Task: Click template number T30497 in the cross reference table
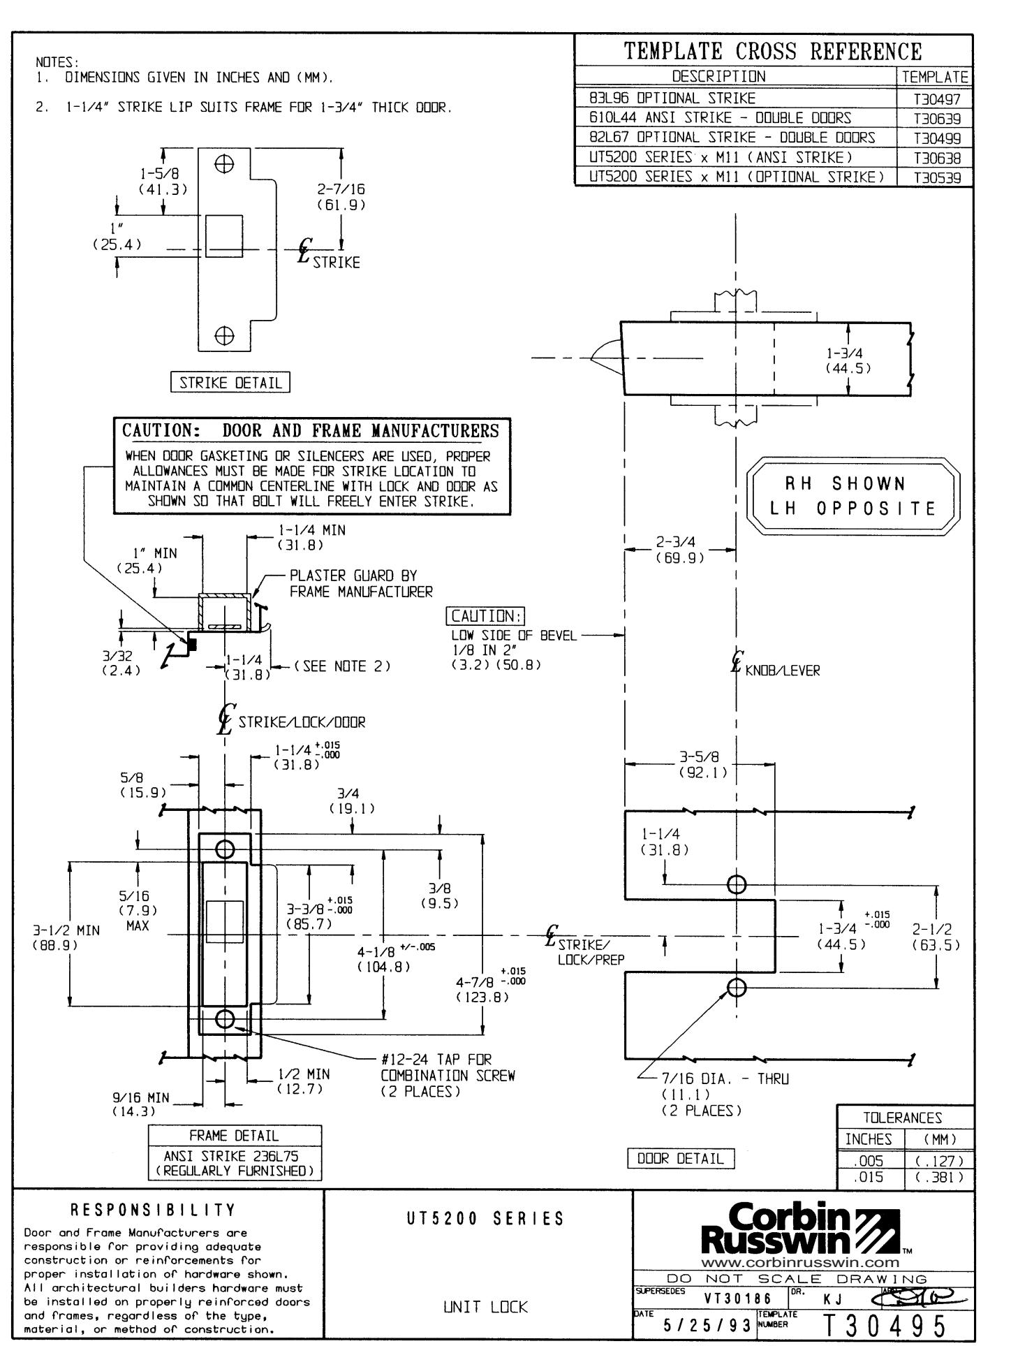[935, 99]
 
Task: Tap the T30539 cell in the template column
[935, 177]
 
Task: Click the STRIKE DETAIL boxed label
[230, 383]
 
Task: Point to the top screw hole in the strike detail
[224, 166]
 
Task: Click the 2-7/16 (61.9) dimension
[341, 197]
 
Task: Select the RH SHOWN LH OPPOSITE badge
[853, 496]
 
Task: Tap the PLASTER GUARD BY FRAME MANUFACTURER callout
[360, 584]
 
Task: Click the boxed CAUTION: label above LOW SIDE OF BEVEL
[485, 616]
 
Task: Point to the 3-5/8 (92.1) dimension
[702, 765]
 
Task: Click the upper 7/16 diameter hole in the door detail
[736, 884]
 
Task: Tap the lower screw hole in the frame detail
[225, 1019]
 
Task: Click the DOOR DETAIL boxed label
[681, 1158]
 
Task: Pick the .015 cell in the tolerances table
[870, 1177]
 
